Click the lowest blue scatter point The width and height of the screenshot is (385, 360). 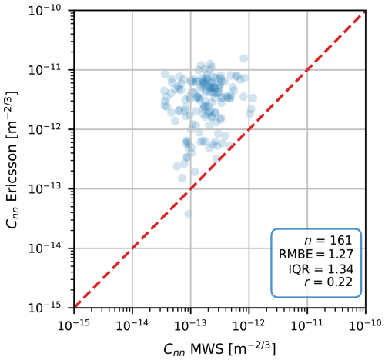(188, 214)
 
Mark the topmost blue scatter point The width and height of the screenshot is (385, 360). (243, 58)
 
